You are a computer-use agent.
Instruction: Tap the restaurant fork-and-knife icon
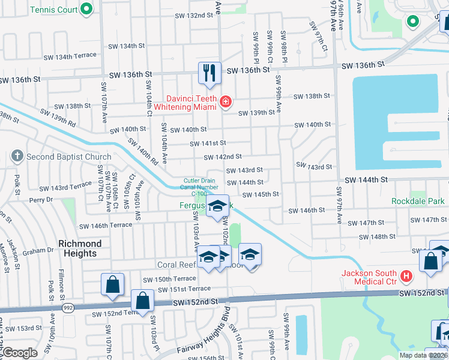[209, 74]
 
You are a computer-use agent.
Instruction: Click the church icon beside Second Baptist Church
[17, 157]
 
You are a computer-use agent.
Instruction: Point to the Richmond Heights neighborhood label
[79, 248]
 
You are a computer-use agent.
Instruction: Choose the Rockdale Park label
[418, 201]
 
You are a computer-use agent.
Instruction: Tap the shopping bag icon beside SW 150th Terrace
[112, 285]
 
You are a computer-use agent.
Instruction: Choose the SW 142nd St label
[223, 157]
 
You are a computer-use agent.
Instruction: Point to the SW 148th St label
[387, 236]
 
